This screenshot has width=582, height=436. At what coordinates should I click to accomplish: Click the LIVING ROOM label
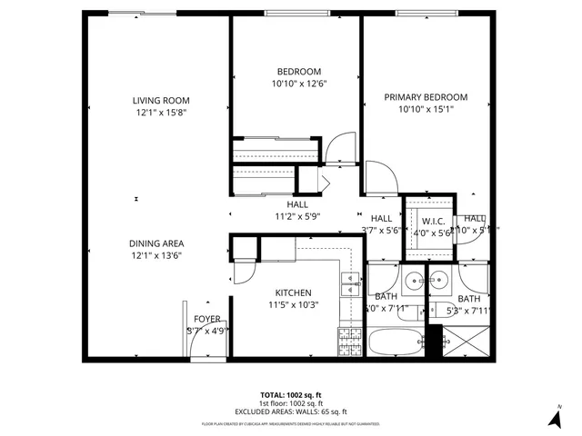tap(159, 101)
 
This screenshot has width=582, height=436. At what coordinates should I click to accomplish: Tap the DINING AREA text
tap(159, 243)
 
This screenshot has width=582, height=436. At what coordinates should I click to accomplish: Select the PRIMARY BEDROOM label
tap(426, 97)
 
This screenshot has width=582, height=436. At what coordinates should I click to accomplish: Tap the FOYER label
tap(207, 319)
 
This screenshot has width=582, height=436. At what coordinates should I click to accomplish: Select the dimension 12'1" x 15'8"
tap(159, 114)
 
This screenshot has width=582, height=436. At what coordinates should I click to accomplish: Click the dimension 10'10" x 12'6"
tap(298, 84)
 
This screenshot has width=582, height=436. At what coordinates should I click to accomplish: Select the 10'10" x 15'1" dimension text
tap(426, 110)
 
